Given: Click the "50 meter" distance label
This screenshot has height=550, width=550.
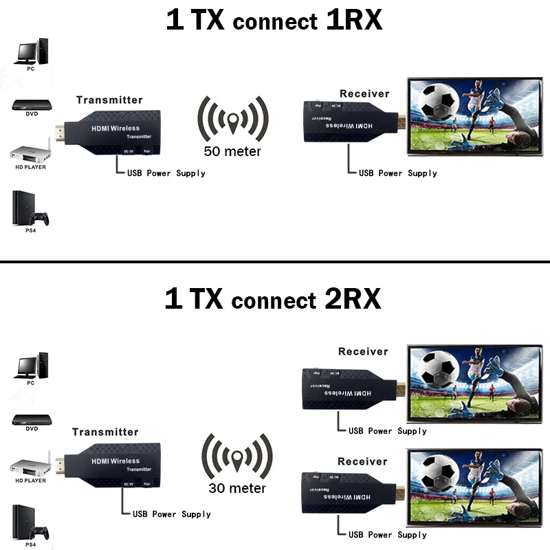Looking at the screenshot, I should coord(232,151).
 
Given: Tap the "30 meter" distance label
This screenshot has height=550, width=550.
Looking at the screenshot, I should coord(236,488).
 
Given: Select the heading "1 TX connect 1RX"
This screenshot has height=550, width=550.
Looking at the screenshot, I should coord(274,20).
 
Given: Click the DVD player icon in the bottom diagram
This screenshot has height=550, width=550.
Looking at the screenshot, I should coord(32,417).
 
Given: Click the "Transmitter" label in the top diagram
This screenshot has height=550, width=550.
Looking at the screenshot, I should coord(109,100).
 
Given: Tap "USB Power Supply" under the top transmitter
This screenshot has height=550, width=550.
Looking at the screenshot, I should coord(166,173).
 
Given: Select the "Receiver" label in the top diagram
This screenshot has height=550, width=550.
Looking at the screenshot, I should coord(364,93).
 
